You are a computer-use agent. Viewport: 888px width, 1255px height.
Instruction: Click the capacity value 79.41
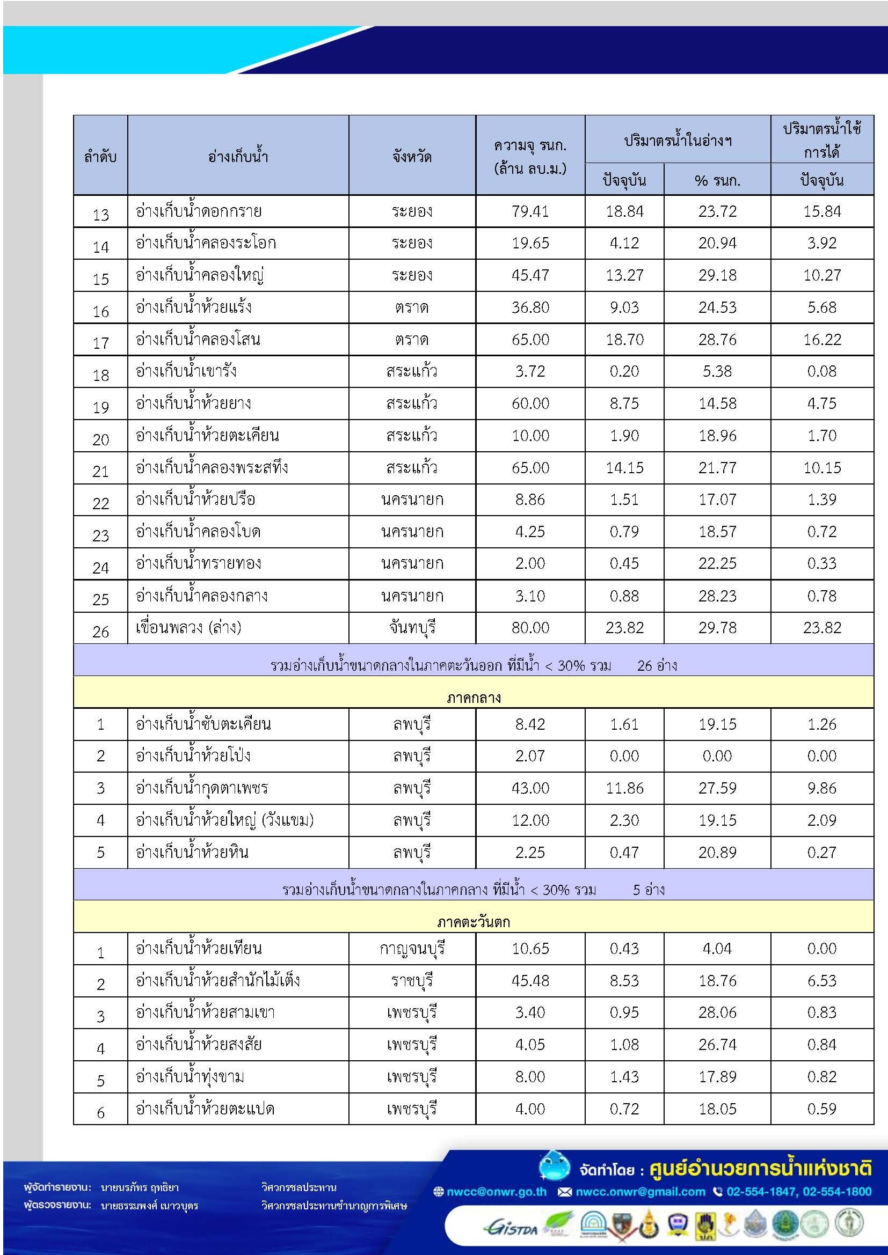[x=530, y=211]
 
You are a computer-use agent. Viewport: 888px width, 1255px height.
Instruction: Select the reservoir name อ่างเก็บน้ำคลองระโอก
[x=206, y=243]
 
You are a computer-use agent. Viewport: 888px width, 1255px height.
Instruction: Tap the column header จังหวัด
[x=412, y=157]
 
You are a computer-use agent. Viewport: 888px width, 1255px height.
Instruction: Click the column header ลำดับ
[x=100, y=157]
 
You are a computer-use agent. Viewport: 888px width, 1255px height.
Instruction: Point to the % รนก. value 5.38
[x=717, y=371]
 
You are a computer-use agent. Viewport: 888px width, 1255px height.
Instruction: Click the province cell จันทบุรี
[x=412, y=628]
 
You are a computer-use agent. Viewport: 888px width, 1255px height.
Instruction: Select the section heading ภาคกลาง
[x=474, y=698]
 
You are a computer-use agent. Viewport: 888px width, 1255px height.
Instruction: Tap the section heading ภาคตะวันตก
[x=474, y=922]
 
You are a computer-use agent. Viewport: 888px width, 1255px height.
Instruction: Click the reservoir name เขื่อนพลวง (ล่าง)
[x=188, y=628]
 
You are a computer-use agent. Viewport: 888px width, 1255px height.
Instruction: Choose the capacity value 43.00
[x=530, y=788]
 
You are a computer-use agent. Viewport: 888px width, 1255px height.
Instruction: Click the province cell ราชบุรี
[x=412, y=981]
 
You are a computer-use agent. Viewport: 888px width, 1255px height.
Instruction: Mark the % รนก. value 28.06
[x=717, y=1012]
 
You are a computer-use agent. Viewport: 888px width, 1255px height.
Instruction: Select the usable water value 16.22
[x=822, y=340]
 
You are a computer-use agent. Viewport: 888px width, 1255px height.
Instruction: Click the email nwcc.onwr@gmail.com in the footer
[x=640, y=1192]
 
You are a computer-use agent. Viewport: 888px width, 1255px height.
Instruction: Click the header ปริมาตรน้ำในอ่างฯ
[x=678, y=140]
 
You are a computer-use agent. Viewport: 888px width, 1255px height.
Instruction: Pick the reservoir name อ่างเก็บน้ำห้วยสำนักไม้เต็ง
[x=217, y=981]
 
